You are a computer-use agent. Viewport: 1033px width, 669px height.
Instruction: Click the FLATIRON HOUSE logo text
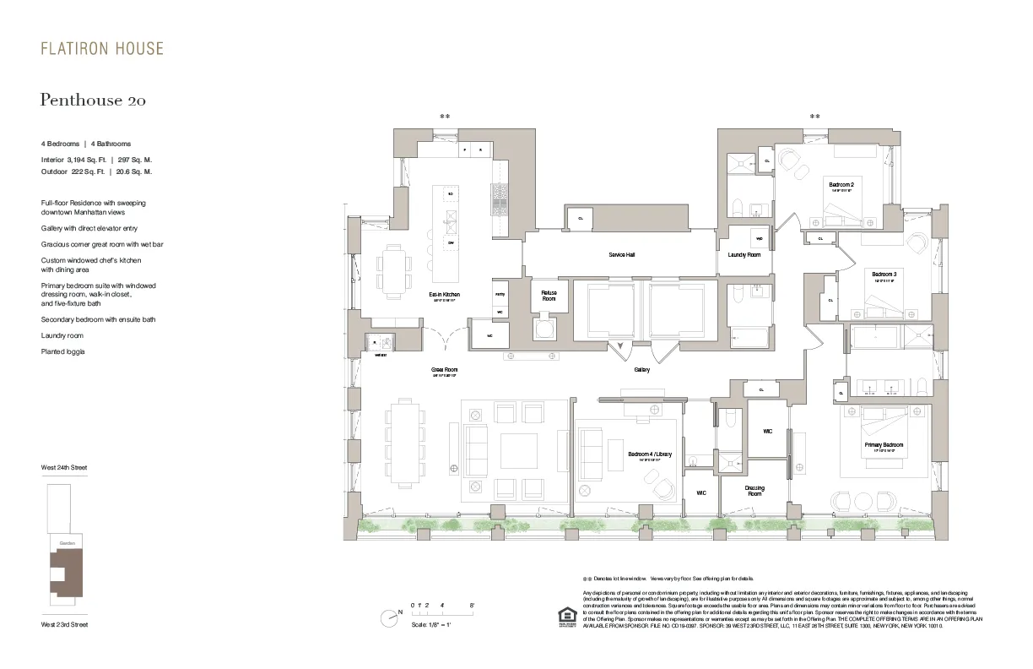click(102, 48)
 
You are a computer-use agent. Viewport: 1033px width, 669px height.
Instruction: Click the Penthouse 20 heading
click(93, 101)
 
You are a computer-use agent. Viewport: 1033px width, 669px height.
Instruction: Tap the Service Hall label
click(621, 254)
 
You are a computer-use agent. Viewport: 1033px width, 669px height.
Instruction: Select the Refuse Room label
click(549, 296)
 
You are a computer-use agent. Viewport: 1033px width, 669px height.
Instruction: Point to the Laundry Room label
click(744, 254)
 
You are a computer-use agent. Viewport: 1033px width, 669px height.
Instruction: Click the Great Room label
click(444, 370)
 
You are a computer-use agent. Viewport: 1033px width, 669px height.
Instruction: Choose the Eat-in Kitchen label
click(444, 295)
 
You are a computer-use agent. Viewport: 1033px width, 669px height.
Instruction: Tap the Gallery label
click(641, 370)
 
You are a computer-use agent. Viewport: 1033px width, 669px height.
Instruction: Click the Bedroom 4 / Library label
click(649, 454)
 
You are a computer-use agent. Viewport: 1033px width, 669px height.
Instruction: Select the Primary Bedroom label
click(884, 445)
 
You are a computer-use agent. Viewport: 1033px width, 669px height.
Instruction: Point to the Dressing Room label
click(754, 491)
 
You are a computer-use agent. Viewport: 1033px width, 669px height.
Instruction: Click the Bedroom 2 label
click(841, 185)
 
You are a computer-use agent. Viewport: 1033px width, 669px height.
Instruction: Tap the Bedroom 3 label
click(884, 275)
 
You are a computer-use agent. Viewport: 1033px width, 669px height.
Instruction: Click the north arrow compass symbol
click(389, 618)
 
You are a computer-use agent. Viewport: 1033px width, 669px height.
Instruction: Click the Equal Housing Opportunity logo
click(565, 618)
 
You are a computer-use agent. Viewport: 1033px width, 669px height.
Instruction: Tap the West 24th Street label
click(64, 467)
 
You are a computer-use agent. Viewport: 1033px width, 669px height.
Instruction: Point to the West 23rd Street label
click(64, 624)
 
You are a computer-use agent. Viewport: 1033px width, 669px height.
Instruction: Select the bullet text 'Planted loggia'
click(63, 351)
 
